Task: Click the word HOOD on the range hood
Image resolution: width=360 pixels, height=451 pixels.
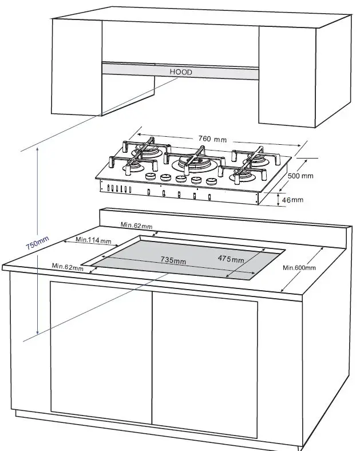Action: coord(180,73)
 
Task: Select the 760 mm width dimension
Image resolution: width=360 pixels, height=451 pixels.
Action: coord(213,139)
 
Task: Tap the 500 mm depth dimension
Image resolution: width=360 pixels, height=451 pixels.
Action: coord(300,176)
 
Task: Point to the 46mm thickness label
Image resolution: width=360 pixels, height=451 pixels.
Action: coord(293,200)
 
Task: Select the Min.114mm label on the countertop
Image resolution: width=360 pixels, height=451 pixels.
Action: coord(93,240)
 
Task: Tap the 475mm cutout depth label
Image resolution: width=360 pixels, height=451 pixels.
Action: coord(231,259)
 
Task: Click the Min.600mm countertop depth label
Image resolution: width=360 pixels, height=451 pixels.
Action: coord(299,268)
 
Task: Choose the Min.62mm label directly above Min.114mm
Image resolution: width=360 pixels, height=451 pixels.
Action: coord(136,225)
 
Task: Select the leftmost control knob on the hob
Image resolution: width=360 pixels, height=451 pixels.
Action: coord(152,177)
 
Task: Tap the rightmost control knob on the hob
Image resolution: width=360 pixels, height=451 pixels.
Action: coord(211,181)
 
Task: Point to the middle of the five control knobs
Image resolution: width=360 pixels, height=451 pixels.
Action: coord(181,179)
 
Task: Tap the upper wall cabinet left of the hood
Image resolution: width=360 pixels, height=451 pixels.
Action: coord(77,69)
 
